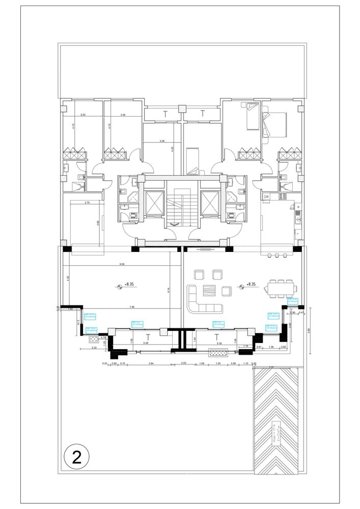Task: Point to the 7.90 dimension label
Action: (x=132, y=306)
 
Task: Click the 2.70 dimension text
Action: (x=87, y=203)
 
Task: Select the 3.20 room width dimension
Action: (x=82, y=116)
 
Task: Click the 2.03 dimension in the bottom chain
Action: (x=184, y=363)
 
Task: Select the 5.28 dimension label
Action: (x=146, y=343)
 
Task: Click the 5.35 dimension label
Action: (x=219, y=343)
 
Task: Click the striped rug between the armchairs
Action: (x=210, y=291)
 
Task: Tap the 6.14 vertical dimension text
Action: (x=168, y=290)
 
